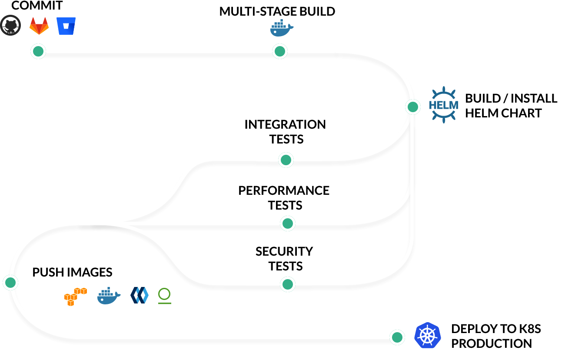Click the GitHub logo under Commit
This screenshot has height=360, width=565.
(x=10, y=26)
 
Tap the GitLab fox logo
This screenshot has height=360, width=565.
(x=39, y=26)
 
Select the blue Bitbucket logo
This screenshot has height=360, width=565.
(x=66, y=26)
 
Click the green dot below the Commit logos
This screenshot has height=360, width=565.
(x=38, y=51)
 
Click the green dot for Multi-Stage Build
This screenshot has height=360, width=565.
(x=279, y=51)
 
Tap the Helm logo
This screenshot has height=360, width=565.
(x=443, y=105)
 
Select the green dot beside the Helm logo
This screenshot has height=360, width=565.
(x=412, y=107)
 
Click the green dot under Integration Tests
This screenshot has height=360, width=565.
(x=286, y=160)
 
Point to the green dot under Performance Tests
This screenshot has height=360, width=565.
(x=287, y=223)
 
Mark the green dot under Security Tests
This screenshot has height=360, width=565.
(x=287, y=284)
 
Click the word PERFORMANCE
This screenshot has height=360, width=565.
(x=284, y=190)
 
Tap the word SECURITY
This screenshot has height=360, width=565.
(x=284, y=251)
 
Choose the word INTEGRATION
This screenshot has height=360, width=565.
(x=285, y=124)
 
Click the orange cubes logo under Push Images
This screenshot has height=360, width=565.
(x=75, y=296)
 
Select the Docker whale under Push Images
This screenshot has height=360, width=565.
(x=109, y=296)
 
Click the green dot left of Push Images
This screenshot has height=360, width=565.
(x=10, y=283)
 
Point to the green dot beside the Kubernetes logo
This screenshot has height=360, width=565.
(x=397, y=337)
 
